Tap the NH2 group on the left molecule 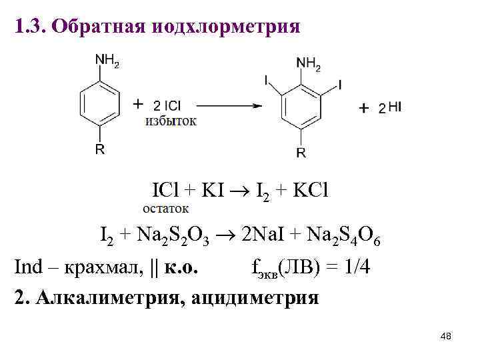107,60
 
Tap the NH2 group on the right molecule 308,64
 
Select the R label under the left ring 99,149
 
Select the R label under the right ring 301,153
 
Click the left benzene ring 100,104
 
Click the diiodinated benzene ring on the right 301,109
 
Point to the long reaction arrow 227,105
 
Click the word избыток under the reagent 171,121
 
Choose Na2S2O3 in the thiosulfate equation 176,235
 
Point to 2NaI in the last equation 263,235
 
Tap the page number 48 446,337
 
